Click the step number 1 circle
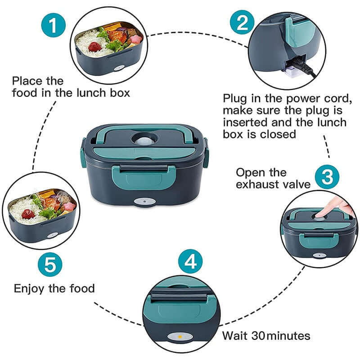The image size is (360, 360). click(x=54, y=26)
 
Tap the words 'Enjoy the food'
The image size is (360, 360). click(x=54, y=288)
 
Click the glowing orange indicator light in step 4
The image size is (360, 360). click(x=179, y=336)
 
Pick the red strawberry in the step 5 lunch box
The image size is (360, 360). click(x=28, y=213)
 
